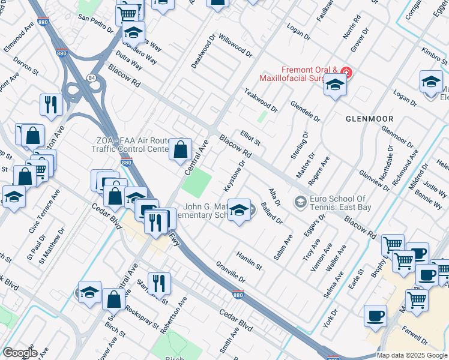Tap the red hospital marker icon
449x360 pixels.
click(x=347, y=73)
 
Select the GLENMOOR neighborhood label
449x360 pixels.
click(x=369, y=119)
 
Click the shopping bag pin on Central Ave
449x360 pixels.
click(x=180, y=149)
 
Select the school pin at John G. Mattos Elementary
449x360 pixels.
click(x=240, y=210)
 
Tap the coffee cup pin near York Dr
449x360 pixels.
click(x=376, y=316)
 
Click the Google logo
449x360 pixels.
click(x=20, y=353)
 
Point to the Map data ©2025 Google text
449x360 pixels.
click(x=411, y=355)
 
